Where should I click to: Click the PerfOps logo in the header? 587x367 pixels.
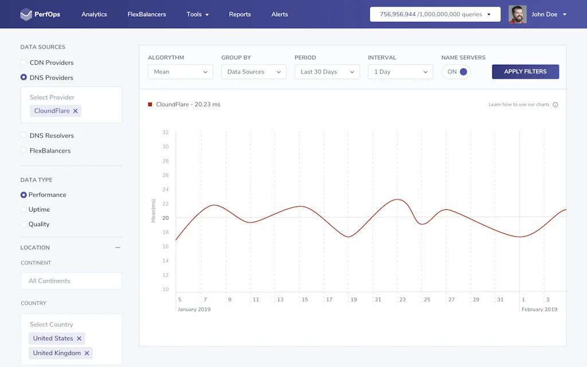(x=40, y=14)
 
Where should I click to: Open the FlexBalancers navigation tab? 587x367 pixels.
(x=147, y=14)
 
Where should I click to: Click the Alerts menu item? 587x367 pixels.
(x=280, y=14)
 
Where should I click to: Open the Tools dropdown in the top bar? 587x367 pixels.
(x=198, y=14)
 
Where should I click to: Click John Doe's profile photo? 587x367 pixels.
(x=517, y=14)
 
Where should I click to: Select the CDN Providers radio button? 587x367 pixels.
(x=24, y=63)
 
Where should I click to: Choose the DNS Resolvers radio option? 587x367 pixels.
(x=24, y=136)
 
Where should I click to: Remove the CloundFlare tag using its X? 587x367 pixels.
(x=75, y=111)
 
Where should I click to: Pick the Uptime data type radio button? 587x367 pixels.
(x=24, y=210)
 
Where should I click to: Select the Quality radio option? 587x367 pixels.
(x=24, y=225)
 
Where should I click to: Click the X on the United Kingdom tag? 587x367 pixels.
(x=87, y=353)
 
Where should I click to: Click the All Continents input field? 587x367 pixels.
(x=71, y=281)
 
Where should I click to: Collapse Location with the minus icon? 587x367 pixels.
(x=118, y=248)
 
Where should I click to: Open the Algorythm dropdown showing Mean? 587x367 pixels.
(x=180, y=72)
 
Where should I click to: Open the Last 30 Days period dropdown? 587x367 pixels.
(x=327, y=72)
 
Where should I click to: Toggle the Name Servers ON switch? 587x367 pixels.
(x=456, y=72)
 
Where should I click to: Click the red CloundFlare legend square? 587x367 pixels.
(x=150, y=104)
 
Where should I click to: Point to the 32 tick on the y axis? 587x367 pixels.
(x=165, y=132)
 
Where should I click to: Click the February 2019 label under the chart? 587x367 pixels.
(x=539, y=310)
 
